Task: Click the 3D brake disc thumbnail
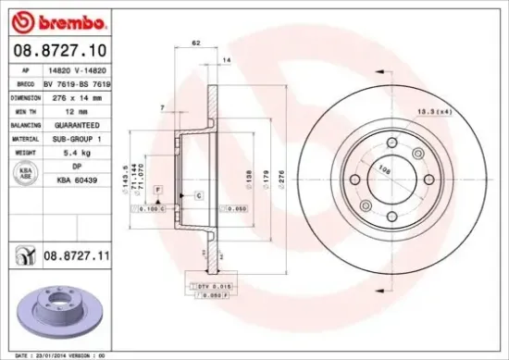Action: (x=55, y=306)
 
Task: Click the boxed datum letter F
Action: (x=158, y=189)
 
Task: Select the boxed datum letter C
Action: (x=198, y=195)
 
